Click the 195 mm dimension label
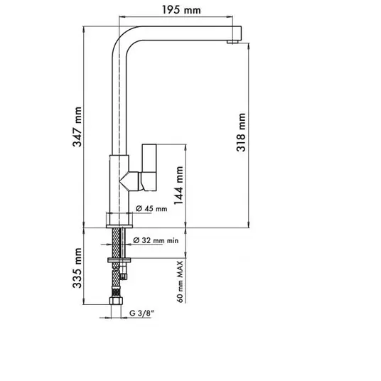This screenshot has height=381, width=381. [x=181, y=10]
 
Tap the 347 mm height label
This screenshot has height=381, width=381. [x=77, y=127]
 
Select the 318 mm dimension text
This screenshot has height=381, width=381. [x=241, y=132]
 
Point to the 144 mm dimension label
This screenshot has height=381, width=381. [x=178, y=186]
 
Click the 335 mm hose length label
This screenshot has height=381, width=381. [x=77, y=268]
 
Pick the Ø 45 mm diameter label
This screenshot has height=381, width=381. [x=151, y=208]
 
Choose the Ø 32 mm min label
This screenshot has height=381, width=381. [x=156, y=240]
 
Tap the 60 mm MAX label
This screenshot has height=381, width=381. [x=180, y=281]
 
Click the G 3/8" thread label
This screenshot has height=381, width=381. [x=142, y=313]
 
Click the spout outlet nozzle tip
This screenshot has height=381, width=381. [x=232, y=42]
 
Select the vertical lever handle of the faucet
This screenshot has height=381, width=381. [x=149, y=168]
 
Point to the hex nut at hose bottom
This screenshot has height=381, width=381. [x=116, y=301]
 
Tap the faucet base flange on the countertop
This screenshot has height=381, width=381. [x=119, y=227]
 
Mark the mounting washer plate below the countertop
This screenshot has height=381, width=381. [x=119, y=260]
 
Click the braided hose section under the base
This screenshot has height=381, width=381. [x=116, y=242]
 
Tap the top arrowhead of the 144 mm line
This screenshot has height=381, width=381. [x=186, y=147]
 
